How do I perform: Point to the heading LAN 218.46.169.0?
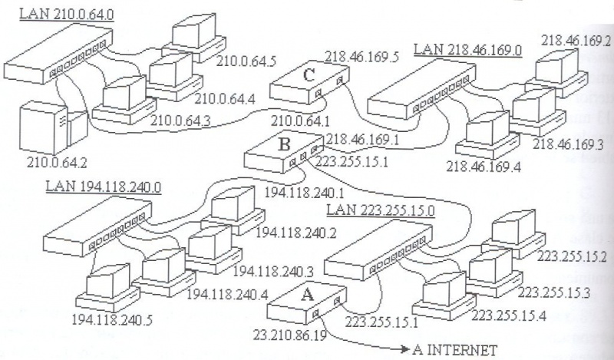(467, 50)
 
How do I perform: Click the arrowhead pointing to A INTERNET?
(404, 350)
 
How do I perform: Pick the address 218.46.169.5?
(358, 56)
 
